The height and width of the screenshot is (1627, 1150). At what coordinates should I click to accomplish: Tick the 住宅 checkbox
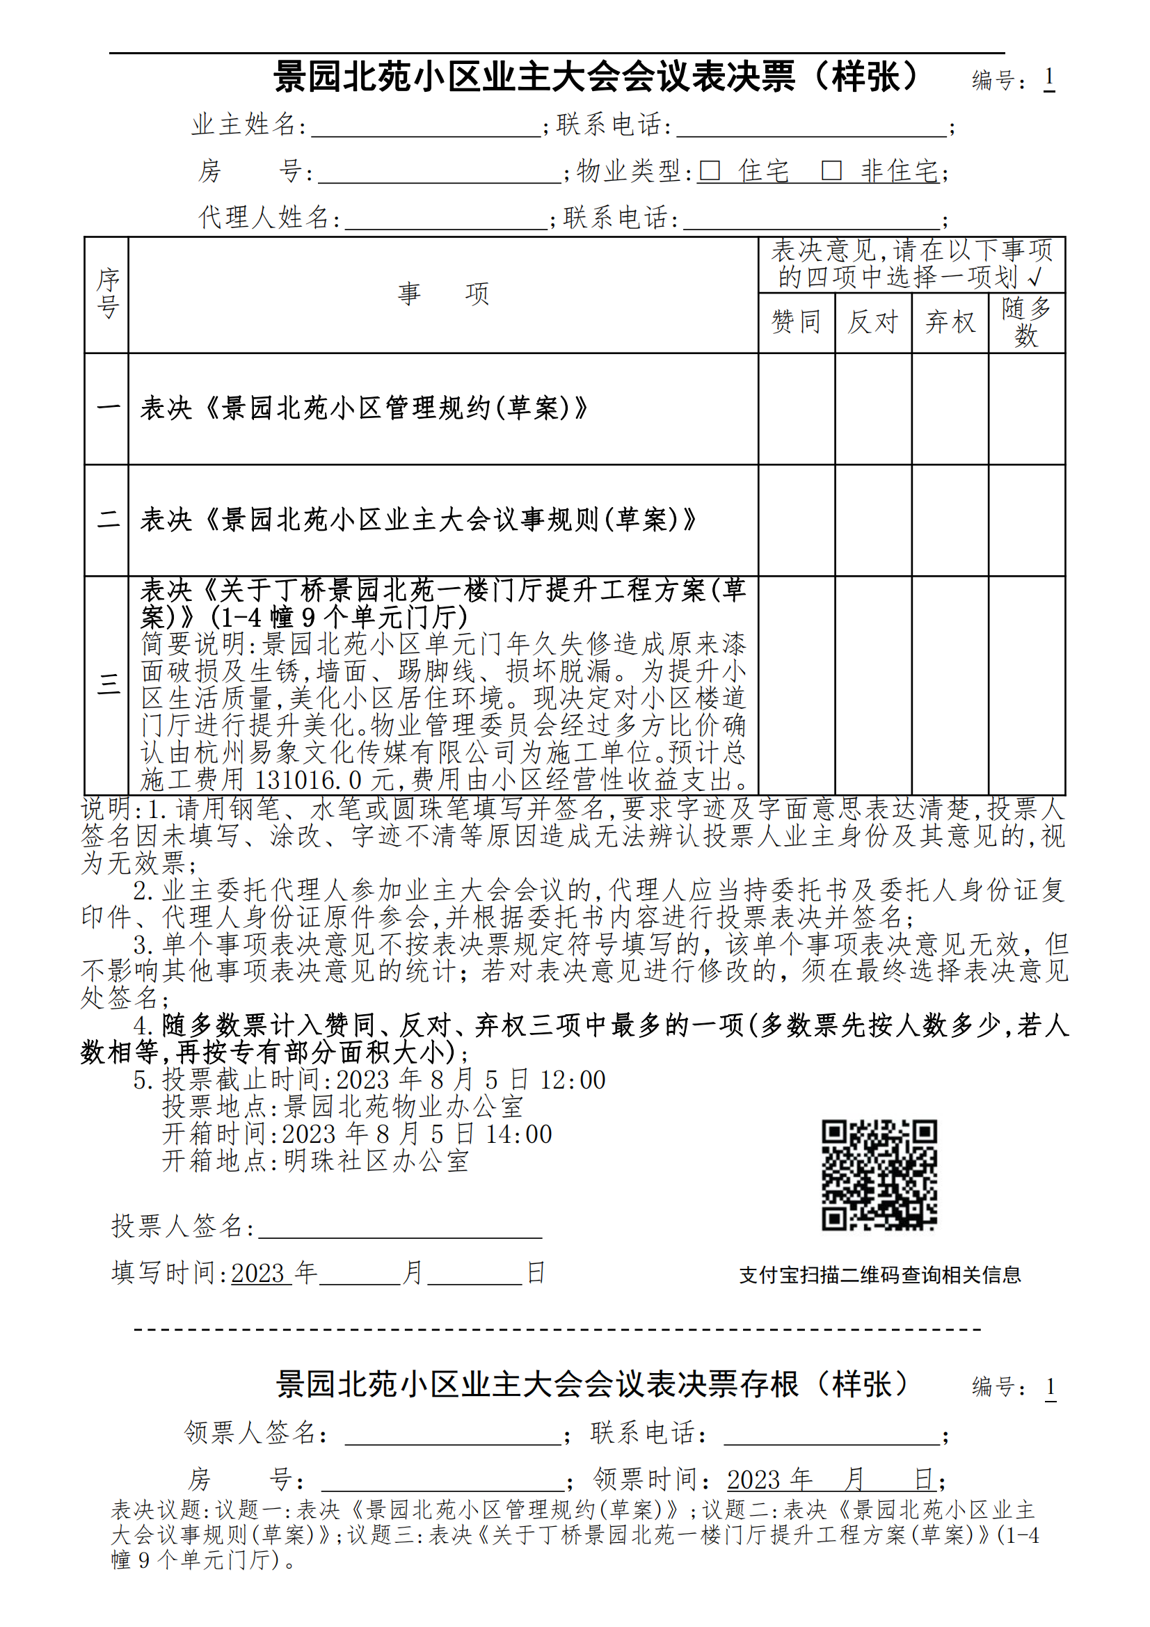point(710,171)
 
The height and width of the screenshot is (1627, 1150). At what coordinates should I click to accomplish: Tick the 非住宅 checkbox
point(831,171)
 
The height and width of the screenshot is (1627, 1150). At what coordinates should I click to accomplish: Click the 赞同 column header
point(797,323)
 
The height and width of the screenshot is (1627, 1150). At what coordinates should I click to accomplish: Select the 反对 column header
point(873,323)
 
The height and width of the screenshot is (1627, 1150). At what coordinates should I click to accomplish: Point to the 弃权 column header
point(950,323)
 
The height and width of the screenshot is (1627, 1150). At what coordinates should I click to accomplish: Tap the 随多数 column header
point(1027,323)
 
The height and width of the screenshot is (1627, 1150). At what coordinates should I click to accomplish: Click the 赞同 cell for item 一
point(797,409)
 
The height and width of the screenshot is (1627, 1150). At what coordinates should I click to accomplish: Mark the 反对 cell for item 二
point(873,520)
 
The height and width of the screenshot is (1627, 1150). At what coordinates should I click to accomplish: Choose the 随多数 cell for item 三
point(1027,685)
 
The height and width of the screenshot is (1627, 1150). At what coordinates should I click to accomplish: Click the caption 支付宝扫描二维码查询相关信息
point(880,1276)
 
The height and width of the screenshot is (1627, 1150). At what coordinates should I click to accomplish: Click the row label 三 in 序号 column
point(108,685)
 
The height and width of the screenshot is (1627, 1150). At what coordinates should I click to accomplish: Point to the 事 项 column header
point(444,294)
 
